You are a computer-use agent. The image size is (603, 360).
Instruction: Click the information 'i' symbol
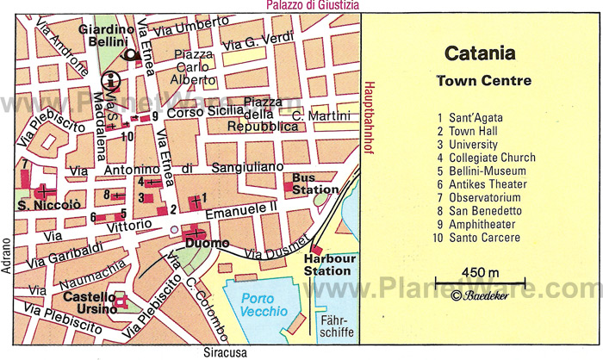pos(109,81)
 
